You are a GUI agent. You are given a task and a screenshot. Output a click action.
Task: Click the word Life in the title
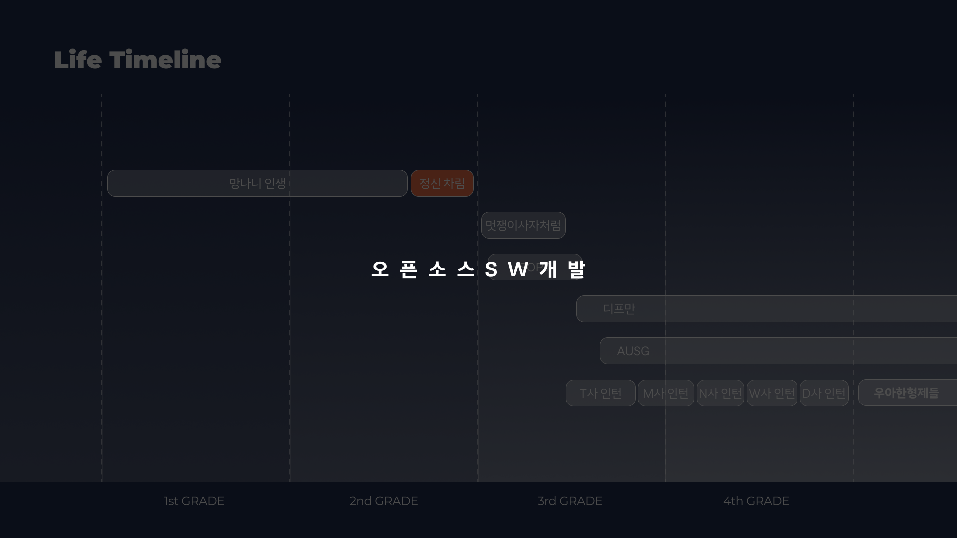[x=78, y=60]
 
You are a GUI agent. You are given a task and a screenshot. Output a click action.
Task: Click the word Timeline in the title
[x=165, y=60]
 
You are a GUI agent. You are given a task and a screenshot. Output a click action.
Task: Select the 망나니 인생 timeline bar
[x=257, y=183]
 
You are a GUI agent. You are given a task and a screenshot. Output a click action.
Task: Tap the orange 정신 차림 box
[x=442, y=183]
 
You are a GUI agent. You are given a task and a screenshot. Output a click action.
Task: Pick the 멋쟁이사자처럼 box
[x=523, y=225]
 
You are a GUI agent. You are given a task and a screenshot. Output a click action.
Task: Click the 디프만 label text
[x=619, y=309]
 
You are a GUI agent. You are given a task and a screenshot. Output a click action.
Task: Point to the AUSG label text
[x=633, y=351]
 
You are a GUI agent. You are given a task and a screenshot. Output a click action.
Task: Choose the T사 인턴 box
[x=600, y=393]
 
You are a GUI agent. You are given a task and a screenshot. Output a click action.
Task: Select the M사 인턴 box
[x=666, y=393]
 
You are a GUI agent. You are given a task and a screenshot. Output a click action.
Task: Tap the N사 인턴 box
[x=720, y=393]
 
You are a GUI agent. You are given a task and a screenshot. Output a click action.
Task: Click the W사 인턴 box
[x=772, y=393]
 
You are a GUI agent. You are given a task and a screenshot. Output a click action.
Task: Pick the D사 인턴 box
[x=824, y=393]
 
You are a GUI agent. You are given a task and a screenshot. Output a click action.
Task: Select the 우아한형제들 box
[x=906, y=393]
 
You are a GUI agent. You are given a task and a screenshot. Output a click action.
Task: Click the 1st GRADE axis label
[x=194, y=501]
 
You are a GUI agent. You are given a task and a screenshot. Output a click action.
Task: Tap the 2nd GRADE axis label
[x=383, y=501]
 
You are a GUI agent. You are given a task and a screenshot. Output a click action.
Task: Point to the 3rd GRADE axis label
[x=570, y=501]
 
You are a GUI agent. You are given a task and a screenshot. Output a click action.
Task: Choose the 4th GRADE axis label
[x=756, y=501]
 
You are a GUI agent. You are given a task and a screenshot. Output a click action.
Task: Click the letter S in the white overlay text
[x=491, y=269]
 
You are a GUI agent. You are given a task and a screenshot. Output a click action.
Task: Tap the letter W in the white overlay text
[x=518, y=269]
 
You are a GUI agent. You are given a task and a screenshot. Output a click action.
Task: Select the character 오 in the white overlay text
[x=380, y=269]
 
